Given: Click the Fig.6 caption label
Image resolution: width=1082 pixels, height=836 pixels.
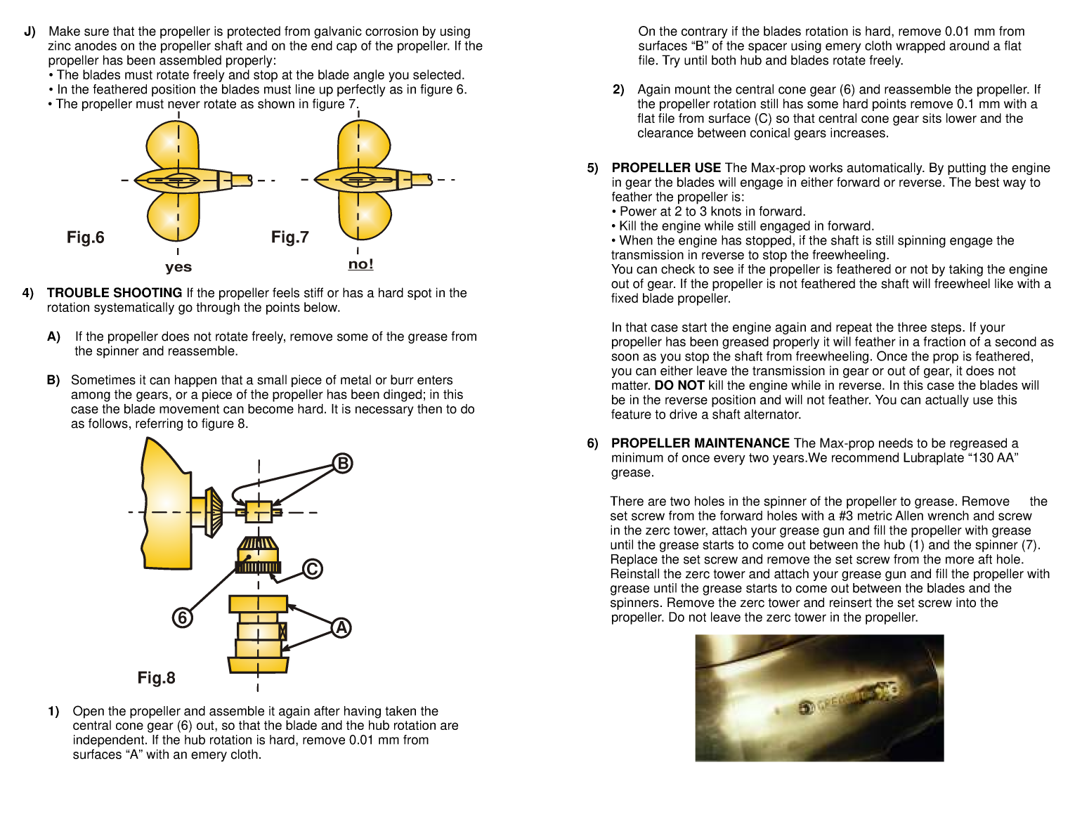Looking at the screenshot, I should point(85,237).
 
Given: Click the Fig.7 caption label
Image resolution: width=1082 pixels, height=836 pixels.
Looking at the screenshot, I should point(289,237).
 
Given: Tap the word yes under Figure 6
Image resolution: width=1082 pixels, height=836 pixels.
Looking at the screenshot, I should point(178,267).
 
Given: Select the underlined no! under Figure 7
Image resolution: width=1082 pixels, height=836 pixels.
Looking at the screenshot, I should point(360,264).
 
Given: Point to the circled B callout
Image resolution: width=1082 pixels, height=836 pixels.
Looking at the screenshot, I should point(342,464).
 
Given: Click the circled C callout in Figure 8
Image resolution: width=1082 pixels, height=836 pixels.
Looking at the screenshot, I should point(312,568).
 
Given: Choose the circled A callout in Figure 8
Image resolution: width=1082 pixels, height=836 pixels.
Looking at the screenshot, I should point(341,627).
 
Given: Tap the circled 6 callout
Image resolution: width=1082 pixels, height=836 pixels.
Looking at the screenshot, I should point(182,618).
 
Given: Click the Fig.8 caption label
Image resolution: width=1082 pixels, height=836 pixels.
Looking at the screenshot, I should point(156,678).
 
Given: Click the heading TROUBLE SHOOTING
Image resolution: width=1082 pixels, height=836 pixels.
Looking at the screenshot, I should point(114,293).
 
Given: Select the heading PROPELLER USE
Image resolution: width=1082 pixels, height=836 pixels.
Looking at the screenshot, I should point(665,168).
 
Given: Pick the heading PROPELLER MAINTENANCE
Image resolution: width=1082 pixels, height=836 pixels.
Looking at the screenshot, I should point(700,443).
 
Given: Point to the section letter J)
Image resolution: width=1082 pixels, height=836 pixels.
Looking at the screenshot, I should point(30,32).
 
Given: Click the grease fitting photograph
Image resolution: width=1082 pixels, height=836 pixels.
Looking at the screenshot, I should point(819,698).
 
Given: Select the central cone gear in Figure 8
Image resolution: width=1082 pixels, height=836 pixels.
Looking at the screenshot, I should point(258,555).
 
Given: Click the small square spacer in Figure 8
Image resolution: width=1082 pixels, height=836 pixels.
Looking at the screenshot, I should point(259,511).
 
